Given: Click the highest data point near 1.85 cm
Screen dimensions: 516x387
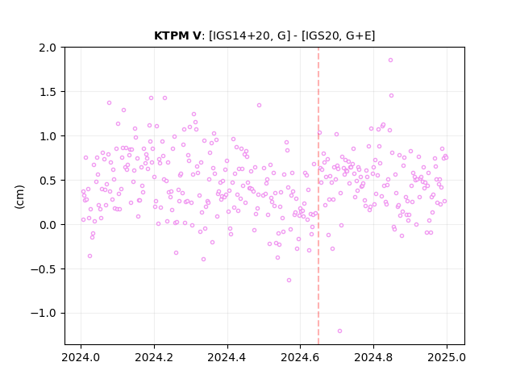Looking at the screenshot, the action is [390, 60].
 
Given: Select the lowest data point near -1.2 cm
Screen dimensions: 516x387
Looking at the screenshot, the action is [339, 331].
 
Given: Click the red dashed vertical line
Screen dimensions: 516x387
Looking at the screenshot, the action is [318, 196].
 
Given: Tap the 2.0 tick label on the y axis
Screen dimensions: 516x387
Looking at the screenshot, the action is [48, 48].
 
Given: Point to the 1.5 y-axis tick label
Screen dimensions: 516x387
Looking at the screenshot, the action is [48, 92].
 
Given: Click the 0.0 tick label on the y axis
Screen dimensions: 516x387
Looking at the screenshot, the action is [48, 225].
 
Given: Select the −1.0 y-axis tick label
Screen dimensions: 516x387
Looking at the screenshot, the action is [44, 314].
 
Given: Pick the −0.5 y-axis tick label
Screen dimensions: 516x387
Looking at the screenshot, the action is [44, 269].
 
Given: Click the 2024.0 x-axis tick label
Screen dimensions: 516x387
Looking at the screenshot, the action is [81, 357].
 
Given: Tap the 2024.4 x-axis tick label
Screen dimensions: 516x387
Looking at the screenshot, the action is [227, 357].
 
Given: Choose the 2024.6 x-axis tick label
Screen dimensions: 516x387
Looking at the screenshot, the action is [300, 357].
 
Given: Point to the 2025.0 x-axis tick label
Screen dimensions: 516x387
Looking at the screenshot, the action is [447, 357].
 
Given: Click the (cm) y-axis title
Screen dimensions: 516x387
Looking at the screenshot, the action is [19, 197].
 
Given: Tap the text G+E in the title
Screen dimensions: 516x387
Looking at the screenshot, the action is [358, 35].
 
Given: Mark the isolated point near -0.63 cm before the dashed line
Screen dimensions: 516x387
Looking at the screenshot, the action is [289, 281].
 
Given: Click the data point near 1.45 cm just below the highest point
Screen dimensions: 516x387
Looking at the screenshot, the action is [391, 96].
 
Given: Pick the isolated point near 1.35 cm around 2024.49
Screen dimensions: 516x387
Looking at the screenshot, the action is [260, 106].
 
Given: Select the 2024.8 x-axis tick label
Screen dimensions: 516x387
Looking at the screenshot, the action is [373, 357].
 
